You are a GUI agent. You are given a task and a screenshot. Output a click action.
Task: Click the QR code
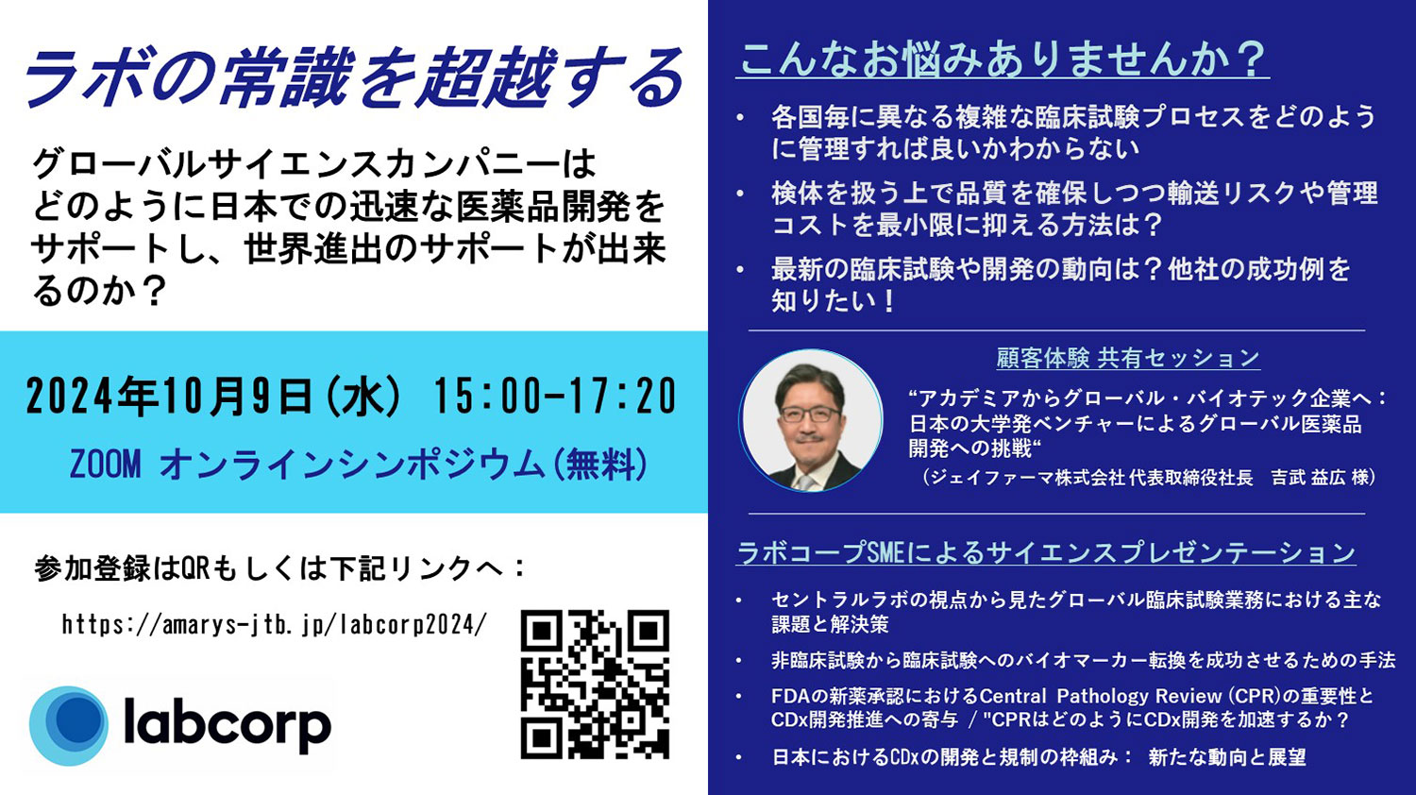[x=595, y=684]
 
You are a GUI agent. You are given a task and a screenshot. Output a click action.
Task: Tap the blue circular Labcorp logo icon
[x=69, y=725]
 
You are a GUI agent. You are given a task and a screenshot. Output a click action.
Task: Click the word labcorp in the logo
[x=228, y=723]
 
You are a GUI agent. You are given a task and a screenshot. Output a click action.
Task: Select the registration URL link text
[x=275, y=625]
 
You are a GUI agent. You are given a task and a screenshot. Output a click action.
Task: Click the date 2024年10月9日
[x=169, y=397]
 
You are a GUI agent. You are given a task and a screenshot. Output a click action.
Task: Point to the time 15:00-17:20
[x=555, y=397]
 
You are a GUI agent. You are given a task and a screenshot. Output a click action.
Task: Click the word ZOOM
[x=105, y=465]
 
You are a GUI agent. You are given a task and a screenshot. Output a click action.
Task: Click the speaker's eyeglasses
[x=810, y=414]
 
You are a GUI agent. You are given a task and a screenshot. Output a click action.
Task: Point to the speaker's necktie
[x=804, y=482]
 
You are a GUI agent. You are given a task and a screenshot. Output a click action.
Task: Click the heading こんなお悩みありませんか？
[x=1003, y=60]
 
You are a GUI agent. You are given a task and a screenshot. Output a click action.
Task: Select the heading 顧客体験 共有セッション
[x=1128, y=359]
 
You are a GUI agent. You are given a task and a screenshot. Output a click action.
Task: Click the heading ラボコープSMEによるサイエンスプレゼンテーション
[x=1046, y=552]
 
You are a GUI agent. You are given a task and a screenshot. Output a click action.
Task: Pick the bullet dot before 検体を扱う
[x=740, y=194]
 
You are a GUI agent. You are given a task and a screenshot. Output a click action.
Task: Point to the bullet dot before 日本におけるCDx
[x=740, y=757]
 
